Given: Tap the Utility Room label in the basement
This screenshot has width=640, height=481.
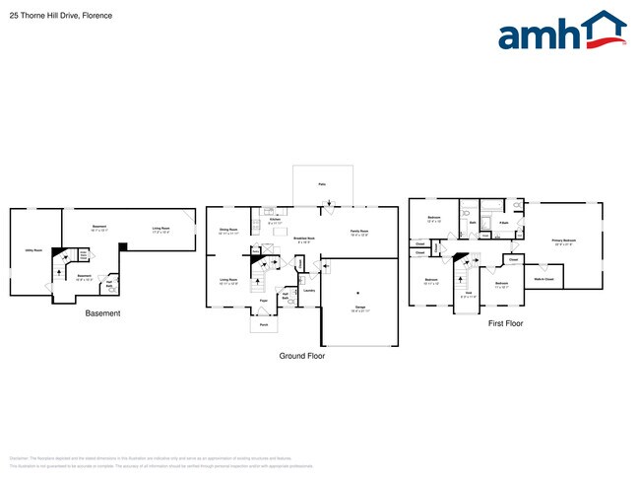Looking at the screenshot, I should [32, 250].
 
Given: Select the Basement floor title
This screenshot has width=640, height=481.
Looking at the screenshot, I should [102, 313].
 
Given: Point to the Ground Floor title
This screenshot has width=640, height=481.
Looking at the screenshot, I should [301, 356].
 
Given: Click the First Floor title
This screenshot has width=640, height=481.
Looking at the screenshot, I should [506, 322].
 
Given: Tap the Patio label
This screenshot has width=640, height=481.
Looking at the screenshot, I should [322, 184].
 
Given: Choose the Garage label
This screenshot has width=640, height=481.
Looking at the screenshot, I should [359, 309].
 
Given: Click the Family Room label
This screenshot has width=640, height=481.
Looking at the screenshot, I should [359, 232].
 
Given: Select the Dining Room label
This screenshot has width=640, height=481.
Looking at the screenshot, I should [228, 231].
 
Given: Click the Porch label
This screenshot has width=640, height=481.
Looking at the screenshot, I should [264, 324].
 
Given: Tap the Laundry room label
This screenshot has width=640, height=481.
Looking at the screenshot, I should [308, 290].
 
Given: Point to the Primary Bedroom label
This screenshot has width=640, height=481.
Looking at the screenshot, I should [563, 240].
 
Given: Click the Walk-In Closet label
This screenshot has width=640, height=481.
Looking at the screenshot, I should [544, 279].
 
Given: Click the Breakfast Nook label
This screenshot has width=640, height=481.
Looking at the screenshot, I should [304, 239].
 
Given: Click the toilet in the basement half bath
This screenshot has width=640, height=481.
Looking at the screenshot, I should [111, 290].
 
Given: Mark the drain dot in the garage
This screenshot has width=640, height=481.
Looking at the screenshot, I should [359, 293].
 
